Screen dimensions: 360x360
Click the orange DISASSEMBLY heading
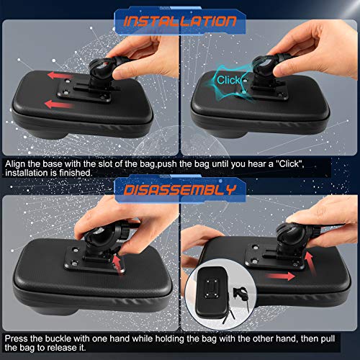click(x=179, y=191)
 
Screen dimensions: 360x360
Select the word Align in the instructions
click(x=15, y=164)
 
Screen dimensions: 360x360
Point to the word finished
click(x=76, y=174)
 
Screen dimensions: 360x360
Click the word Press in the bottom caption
click(x=17, y=336)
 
